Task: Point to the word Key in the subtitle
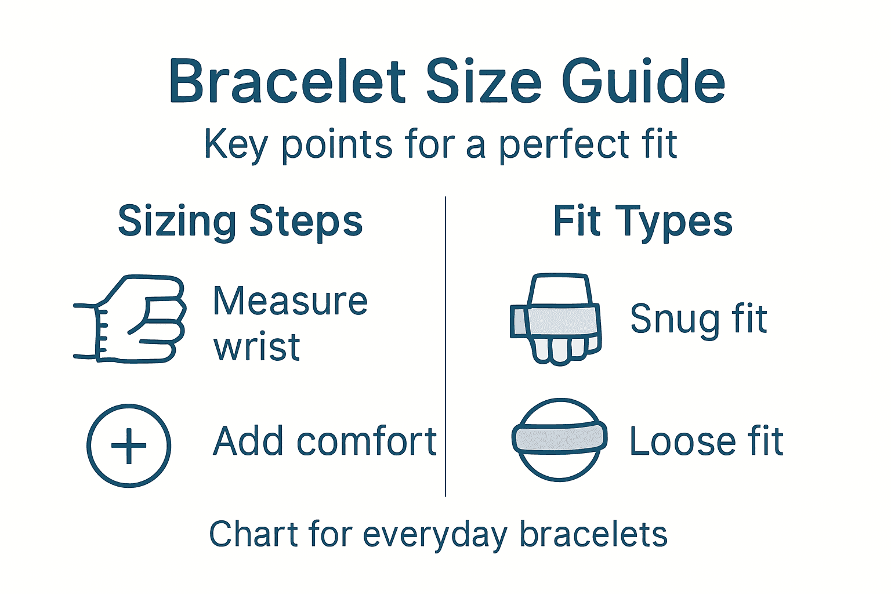pos(236,144)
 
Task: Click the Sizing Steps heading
pos(240,221)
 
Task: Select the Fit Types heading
pos(643,221)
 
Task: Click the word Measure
pos(290,301)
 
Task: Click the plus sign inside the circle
pos(129,445)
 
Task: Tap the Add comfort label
pos(325,441)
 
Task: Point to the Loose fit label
pos(707,441)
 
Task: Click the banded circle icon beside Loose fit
pos(559,439)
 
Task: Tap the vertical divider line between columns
pos(445,348)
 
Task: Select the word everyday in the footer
pos(435,534)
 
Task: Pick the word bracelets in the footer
pos(593,534)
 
